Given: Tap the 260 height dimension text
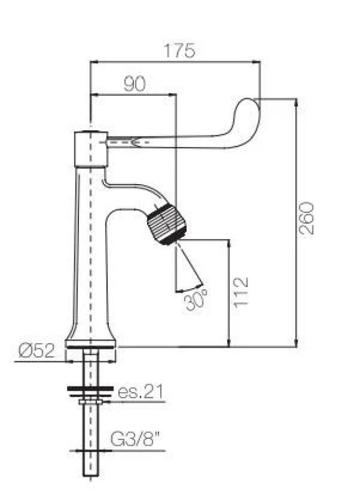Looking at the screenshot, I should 306,218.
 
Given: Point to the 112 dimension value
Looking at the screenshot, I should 240,291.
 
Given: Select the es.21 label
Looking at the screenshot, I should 141,392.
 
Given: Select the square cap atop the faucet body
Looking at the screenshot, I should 90,149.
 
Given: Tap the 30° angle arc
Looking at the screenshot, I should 189,289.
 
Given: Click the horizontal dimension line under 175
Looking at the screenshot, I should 175,61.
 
